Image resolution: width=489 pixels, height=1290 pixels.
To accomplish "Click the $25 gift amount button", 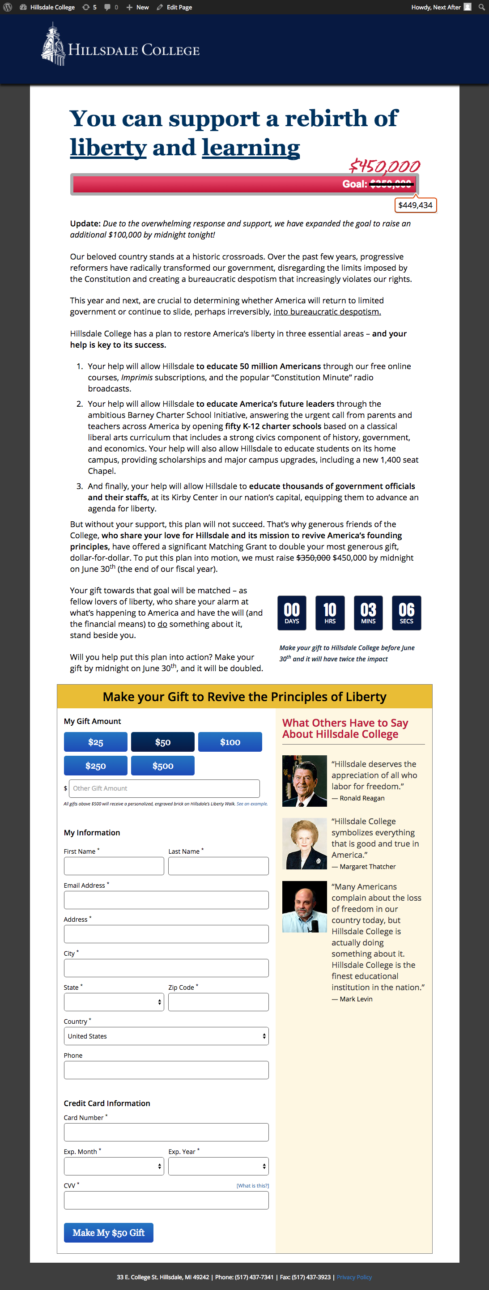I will [96, 742].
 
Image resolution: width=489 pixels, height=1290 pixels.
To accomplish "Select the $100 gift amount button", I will [230, 742].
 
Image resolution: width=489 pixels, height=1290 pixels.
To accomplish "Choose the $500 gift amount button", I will [163, 766].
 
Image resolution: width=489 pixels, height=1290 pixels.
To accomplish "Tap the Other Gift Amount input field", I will [164, 788].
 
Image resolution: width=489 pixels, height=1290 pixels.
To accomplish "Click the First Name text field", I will [114, 866].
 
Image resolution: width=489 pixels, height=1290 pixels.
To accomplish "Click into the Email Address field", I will [166, 900].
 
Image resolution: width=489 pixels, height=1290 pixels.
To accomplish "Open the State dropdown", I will [114, 1002].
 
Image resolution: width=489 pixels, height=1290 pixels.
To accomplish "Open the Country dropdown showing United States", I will [166, 1036].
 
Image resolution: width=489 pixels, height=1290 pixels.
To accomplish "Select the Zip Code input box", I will [218, 1002].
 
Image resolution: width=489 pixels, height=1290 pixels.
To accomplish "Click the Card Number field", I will [166, 1132].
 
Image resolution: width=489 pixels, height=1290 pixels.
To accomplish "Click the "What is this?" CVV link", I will [252, 1185].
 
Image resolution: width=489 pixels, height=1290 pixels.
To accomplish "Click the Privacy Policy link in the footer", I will [354, 1277].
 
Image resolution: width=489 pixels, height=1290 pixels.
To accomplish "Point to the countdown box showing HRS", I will [330, 613].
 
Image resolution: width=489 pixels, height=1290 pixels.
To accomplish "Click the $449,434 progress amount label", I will [415, 205].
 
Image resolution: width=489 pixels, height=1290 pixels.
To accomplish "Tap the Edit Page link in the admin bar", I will [174, 7].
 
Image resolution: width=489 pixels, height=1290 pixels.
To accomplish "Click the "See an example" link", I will [252, 804].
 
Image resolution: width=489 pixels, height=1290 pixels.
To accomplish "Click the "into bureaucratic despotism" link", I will [327, 311].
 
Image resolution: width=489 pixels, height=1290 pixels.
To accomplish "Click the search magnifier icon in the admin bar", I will [481, 7].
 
